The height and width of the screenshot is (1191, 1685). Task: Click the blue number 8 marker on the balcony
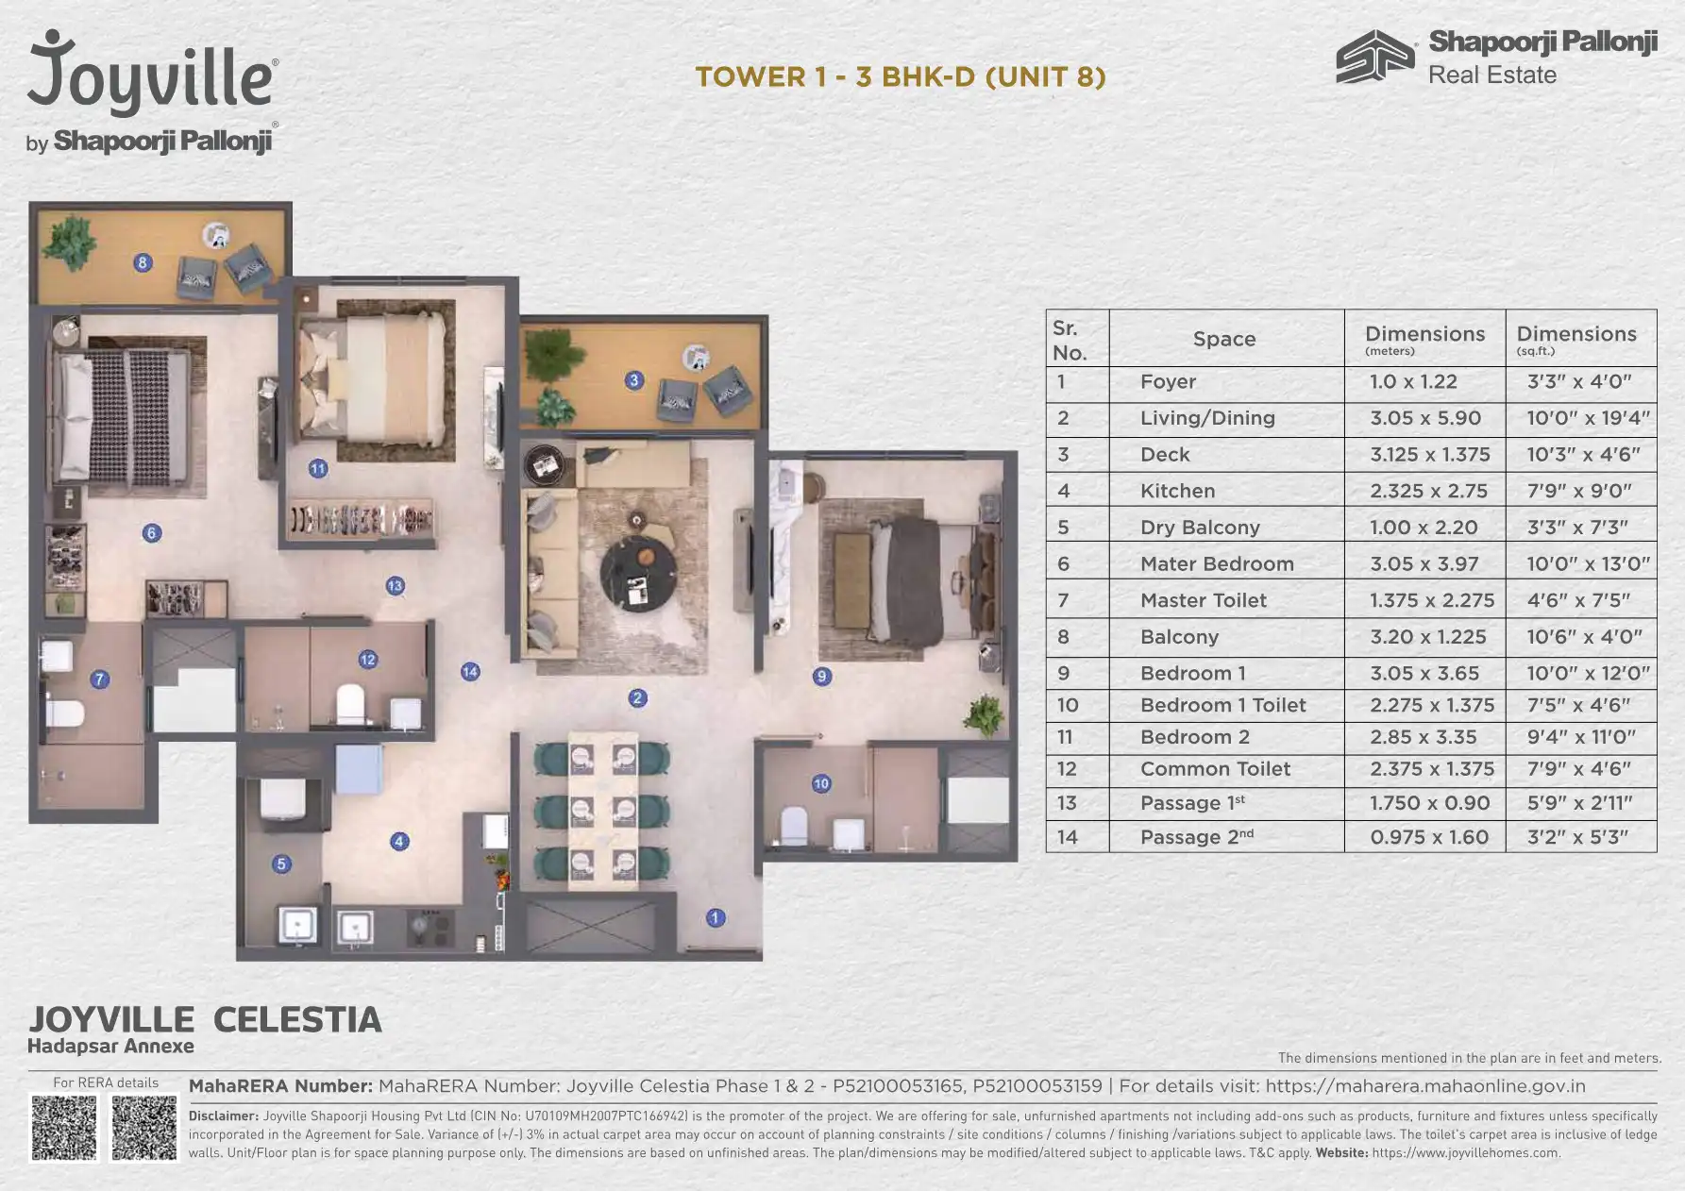click(x=143, y=262)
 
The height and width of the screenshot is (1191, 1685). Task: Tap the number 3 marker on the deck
click(x=634, y=380)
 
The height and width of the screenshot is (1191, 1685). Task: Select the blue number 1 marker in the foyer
click(x=716, y=917)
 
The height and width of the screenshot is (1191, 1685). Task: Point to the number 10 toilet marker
click(x=821, y=783)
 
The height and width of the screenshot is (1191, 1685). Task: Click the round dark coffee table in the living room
click(x=638, y=573)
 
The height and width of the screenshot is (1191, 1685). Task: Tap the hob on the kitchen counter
click(x=430, y=927)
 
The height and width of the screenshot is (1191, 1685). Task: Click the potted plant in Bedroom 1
click(x=984, y=713)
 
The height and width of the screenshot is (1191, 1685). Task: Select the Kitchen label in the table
click(x=1177, y=491)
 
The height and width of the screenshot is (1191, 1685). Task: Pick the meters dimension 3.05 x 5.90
click(x=1425, y=418)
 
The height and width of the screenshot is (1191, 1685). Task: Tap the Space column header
click(x=1224, y=339)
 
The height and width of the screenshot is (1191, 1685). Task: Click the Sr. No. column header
click(x=1070, y=340)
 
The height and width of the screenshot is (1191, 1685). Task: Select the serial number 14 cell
click(x=1067, y=837)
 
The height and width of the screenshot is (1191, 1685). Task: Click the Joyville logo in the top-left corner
click(x=152, y=92)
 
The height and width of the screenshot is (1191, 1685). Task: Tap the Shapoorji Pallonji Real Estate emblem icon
click(x=1375, y=57)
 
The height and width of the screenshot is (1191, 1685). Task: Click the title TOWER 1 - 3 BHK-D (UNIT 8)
click(x=901, y=76)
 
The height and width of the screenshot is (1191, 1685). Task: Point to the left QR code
click(x=64, y=1128)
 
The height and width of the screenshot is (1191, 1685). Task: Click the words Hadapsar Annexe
click(x=110, y=1046)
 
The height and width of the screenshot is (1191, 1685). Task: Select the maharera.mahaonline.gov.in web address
click(x=1425, y=1086)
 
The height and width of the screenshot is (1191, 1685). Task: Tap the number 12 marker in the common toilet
click(x=368, y=660)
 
